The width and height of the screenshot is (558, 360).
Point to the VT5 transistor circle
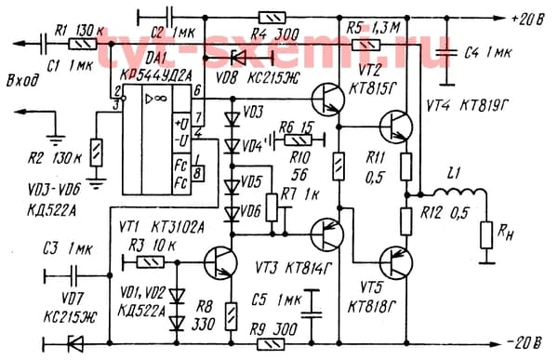[397, 264]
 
